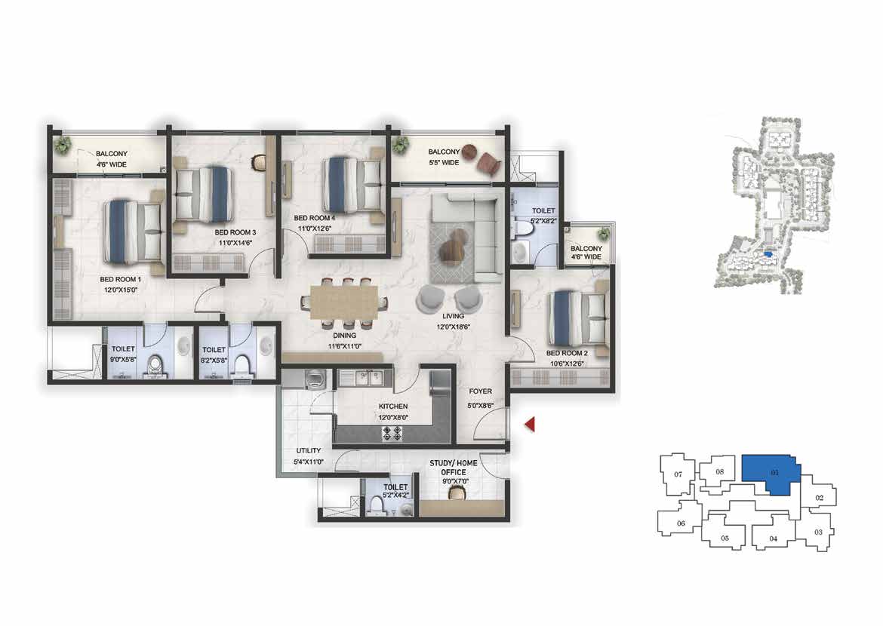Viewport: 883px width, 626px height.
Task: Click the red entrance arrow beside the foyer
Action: pos(529,425)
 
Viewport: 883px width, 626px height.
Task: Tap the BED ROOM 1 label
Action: pos(121,279)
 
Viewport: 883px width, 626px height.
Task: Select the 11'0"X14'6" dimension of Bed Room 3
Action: pos(235,243)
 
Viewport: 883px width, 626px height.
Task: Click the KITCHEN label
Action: pos(393,407)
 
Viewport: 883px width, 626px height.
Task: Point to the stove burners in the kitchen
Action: pos(392,433)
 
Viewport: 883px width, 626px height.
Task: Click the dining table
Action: pos(345,302)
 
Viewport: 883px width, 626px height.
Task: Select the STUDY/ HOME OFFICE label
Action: pos(454,468)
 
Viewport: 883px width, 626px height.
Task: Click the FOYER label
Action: pos(480,391)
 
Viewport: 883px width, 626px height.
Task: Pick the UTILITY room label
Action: pos(309,450)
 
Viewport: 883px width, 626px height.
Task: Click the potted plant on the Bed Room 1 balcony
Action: pos(63,146)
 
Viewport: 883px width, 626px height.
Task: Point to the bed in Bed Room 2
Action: pos(579,318)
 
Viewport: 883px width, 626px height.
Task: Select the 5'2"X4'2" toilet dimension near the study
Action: pos(395,496)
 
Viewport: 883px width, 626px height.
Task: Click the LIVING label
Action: pos(453,316)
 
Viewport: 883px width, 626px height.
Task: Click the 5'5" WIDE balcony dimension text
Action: pos(444,163)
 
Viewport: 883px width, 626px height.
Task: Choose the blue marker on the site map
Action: pos(768,254)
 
